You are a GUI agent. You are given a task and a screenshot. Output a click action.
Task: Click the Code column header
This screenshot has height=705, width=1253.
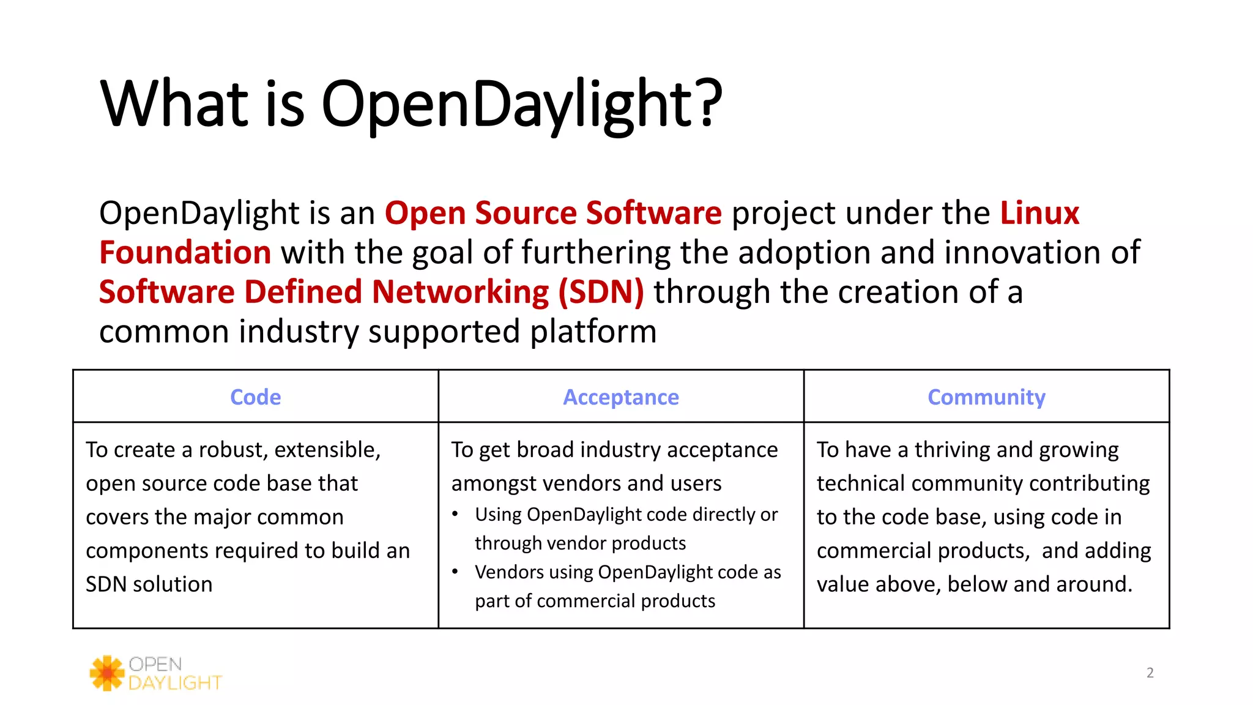pyautogui.click(x=255, y=397)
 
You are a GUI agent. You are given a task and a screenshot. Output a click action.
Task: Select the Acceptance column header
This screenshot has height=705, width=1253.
pyautogui.click(x=620, y=397)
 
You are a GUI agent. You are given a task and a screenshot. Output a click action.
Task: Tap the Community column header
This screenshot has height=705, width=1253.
pyautogui.click(x=986, y=397)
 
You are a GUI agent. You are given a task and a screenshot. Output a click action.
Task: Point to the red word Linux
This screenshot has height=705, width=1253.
pyautogui.click(x=1039, y=213)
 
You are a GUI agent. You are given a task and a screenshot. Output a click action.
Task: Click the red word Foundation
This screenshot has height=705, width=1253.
pyautogui.click(x=185, y=252)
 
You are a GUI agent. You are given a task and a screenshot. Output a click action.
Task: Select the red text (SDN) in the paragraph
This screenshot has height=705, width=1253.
pyautogui.click(x=600, y=292)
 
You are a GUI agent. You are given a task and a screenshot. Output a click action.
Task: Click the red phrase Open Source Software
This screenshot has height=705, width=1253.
pyautogui.click(x=553, y=213)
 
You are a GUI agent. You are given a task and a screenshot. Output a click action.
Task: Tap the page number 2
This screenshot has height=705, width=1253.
pyautogui.click(x=1150, y=673)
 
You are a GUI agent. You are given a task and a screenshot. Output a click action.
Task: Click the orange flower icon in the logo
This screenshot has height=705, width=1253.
pyautogui.click(x=108, y=673)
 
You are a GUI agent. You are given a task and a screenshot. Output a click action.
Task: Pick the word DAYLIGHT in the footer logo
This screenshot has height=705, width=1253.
pyautogui.click(x=175, y=683)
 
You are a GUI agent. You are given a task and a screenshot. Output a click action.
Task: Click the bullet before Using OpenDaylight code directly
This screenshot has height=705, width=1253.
pyautogui.click(x=455, y=514)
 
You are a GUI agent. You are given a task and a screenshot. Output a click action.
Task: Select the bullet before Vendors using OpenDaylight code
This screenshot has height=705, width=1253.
pyautogui.click(x=455, y=572)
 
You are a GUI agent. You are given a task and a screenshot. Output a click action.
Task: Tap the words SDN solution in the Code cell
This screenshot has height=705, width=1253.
pyautogui.click(x=149, y=584)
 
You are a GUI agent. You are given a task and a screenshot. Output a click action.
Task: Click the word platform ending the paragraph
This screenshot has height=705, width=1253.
pyautogui.click(x=593, y=332)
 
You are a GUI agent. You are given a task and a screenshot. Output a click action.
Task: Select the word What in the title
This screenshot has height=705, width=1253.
pyautogui.click(x=175, y=103)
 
